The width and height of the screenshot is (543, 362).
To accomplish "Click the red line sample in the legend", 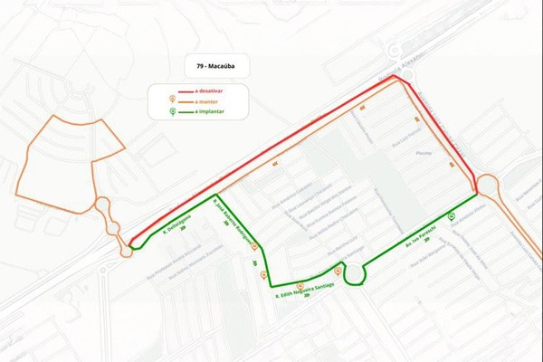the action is [x=186, y=91].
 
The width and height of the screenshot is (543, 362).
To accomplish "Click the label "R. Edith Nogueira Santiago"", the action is [x=305, y=291].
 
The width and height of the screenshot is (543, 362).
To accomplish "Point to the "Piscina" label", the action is [x=418, y=154].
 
